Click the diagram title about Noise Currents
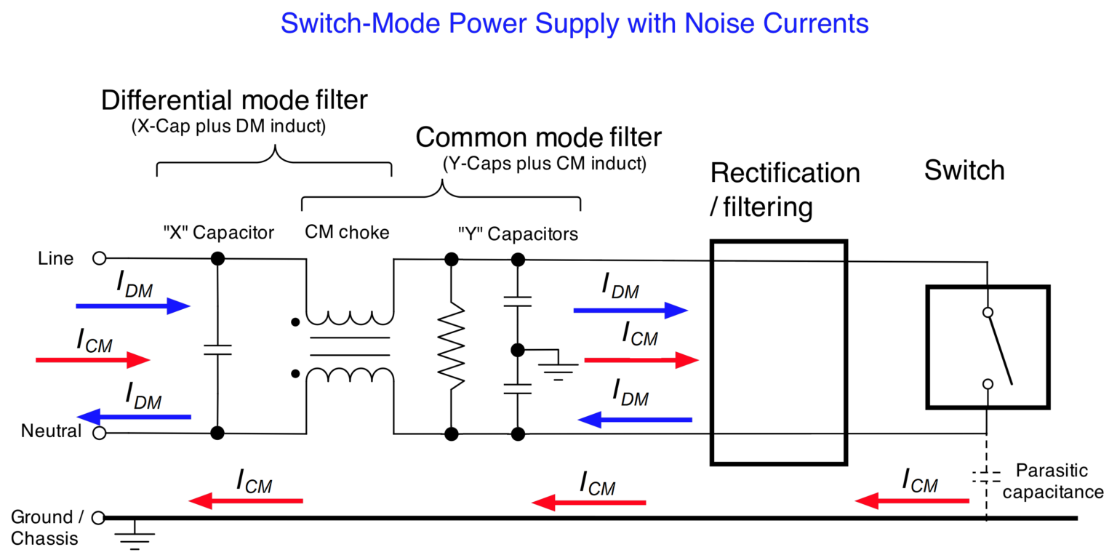(574, 23)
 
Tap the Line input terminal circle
(100, 257)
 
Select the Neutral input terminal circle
(100, 434)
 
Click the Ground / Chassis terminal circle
(98, 518)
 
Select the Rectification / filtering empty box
(778, 352)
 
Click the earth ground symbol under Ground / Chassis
(135, 539)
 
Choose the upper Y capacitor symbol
(518, 300)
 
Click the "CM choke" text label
(347, 233)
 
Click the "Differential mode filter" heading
(235, 100)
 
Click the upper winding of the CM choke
(350, 319)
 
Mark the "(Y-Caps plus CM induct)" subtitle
(544, 164)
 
